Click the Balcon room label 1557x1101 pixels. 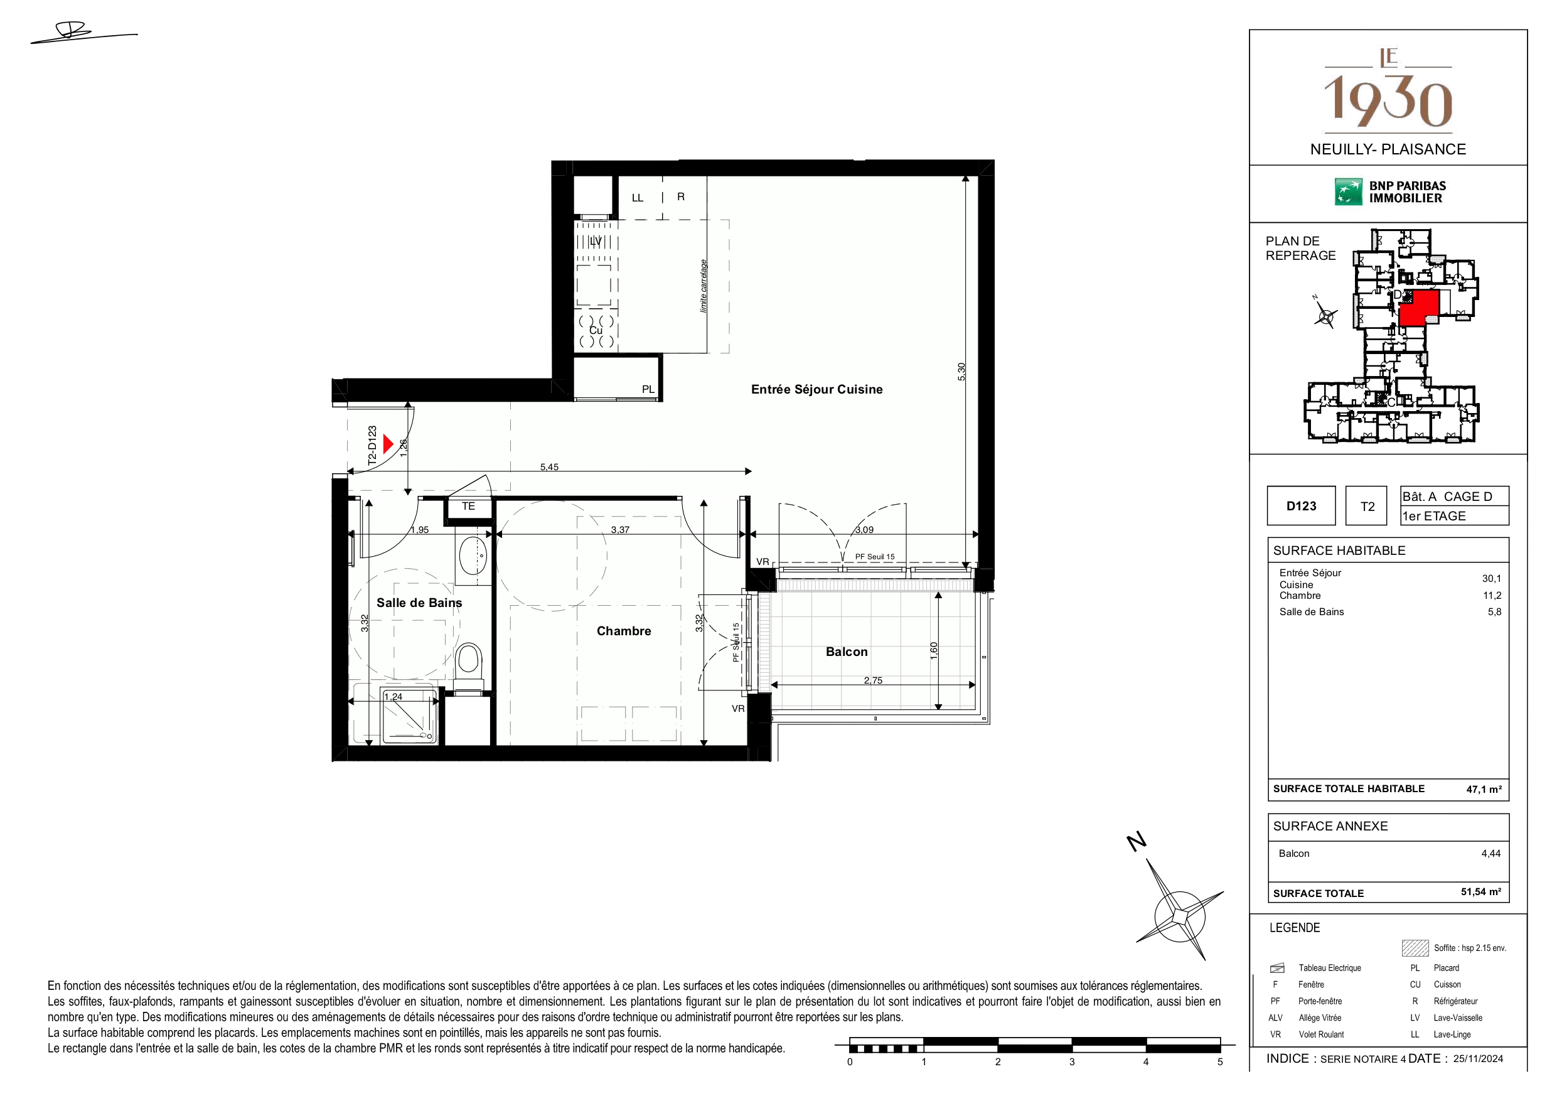[x=847, y=652]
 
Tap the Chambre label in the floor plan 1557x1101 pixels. [x=624, y=631]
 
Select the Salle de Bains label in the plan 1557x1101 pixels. [x=419, y=603]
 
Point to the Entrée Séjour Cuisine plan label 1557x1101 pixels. [x=816, y=389]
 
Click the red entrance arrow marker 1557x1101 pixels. [x=388, y=444]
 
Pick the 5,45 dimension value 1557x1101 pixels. [x=549, y=467]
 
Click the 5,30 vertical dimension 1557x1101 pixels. [x=961, y=372]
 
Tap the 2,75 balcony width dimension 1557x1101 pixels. [x=873, y=680]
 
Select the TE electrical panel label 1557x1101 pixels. [x=469, y=506]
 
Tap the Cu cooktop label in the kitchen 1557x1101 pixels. [x=596, y=330]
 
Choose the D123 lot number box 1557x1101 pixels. [x=1301, y=506]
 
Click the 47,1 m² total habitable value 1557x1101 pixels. [x=1484, y=790]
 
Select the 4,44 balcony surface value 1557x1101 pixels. [x=1490, y=854]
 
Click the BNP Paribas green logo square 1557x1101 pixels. [x=1348, y=192]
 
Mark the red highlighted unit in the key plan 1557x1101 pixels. [x=1419, y=308]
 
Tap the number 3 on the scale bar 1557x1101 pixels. [x=1072, y=1061]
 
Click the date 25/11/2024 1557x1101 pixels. [x=1479, y=1059]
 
